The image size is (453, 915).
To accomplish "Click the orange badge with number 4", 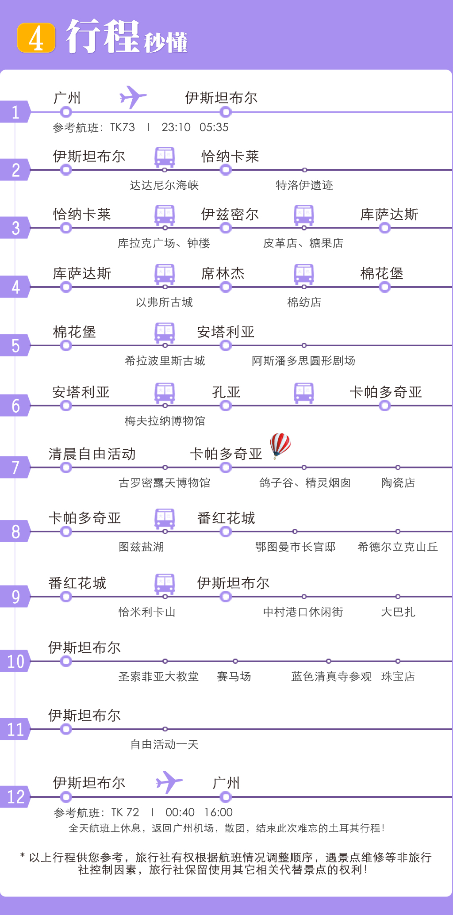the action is pyautogui.click(x=36, y=38).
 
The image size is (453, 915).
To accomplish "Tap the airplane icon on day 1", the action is pyautogui.click(x=133, y=97).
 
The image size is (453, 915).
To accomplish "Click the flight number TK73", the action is pyautogui.click(x=123, y=127).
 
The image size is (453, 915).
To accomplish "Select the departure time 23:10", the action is pyautogui.click(x=176, y=127).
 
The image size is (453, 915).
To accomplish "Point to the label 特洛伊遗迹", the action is pyautogui.click(x=304, y=185).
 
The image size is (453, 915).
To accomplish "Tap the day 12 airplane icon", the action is pyautogui.click(x=169, y=782).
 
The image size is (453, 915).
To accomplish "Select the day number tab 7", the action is pyautogui.click(x=15, y=467).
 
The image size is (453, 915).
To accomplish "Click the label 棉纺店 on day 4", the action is pyautogui.click(x=304, y=302).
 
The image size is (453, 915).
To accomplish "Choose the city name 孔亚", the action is pyautogui.click(x=226, y=392).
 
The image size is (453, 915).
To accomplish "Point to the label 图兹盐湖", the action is pyautogui.click(x=142, y=547).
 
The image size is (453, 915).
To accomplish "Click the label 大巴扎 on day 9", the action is pyautogui.click(x=398, y=612).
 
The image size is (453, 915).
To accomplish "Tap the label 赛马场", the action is pyautogui.click(x=234, y=677).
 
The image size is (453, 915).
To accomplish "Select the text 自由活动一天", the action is pyautogui.click(x=165, y=745).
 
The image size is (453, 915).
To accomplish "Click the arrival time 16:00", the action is pyautogui.click(x=218, y=812).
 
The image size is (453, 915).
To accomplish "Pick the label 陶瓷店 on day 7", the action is pyautogui.click(x=398, y=483).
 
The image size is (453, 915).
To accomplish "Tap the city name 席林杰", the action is pyautogui.click(x=223, y=274).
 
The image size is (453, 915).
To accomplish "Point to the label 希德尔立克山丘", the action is pyautogui.click(x=398, y=547).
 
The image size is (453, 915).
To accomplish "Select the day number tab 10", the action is pyautogui.click(x=15, y=662).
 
